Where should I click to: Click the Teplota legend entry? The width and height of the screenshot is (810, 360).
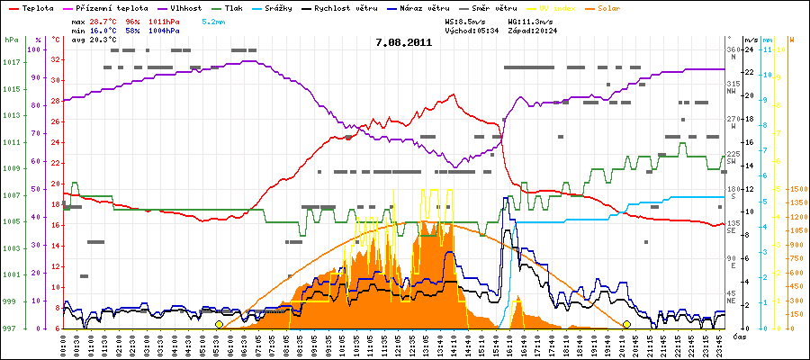click(37, 7)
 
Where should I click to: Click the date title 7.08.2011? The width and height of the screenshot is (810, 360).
click(404, 42)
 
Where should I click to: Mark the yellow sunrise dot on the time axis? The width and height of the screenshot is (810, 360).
click(219, 324)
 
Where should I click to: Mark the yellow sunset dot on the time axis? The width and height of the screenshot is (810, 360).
click(626, 324)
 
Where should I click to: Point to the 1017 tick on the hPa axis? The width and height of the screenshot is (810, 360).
click(11, 62)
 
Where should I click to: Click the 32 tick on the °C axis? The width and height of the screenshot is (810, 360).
click(56, 59)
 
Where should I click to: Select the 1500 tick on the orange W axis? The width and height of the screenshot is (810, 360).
click(796, 189)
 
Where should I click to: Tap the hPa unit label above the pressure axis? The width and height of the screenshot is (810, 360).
click(11, 40)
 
